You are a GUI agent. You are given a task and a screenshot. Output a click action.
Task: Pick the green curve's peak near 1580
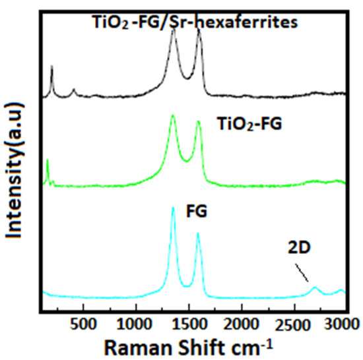pos(198,121)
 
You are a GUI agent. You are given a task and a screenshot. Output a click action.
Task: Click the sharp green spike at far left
pos(48,160)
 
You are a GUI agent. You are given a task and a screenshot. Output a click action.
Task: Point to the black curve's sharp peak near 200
pos(51,67)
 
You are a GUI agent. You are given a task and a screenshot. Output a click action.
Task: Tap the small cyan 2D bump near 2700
pos(315,288)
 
